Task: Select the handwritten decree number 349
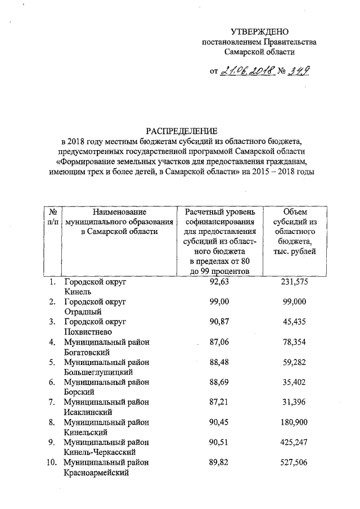pyautogui.click(x=299, y=70)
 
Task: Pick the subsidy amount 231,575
pyautogui.click(x=301, y=282)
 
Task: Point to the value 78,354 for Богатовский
pyautogui.click(x=301, y=341)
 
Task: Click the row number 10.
pyautogui.click(x=52, y=462)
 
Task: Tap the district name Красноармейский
pyautogui.click(x=97, y=472)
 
